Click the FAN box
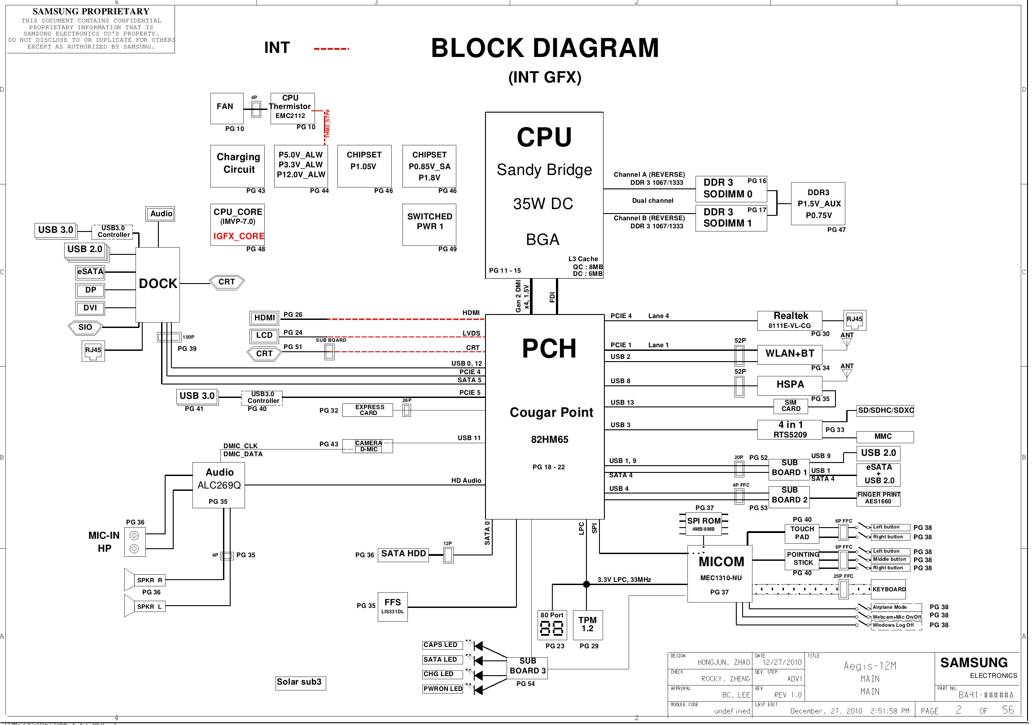coord(227,108)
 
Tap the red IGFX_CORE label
coord(238,236)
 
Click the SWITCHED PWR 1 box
coord(429,224)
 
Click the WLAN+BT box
coord(789,354)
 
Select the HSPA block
coord(789,385)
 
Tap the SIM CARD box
coord(790,406)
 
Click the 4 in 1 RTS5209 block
coord(789,430)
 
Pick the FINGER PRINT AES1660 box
coord(878,498)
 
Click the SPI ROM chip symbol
coord(704,524)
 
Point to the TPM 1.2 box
coord(587,625)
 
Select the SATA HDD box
coord(403,554)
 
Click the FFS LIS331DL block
coord(393,607)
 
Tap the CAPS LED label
coord(440,645)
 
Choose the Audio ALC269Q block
coord(219,485)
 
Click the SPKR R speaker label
coord(149,580)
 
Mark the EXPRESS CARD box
coord(367,410)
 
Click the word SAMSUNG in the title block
coord(974,663)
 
